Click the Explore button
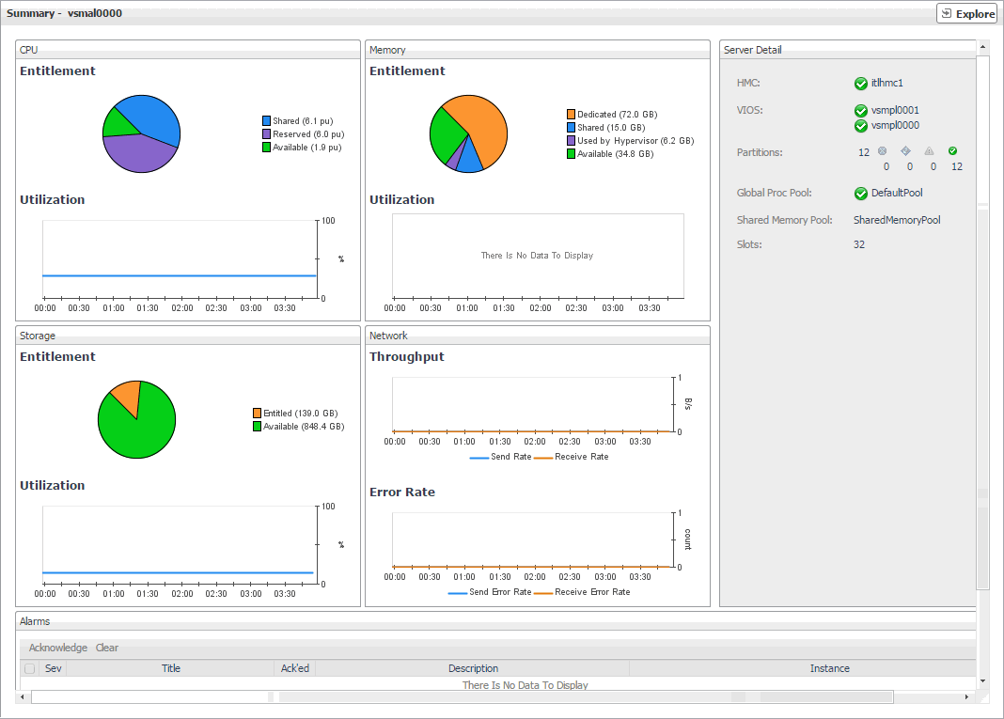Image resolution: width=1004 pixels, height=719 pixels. [966, 14]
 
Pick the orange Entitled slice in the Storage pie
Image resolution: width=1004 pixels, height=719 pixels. [127, 396]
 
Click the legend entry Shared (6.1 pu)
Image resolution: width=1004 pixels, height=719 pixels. [302, 121]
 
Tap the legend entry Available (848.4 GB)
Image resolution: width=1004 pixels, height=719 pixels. [303, 427]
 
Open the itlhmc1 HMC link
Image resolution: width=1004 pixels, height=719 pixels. [886, 84]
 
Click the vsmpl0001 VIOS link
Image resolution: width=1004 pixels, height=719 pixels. [895, 111]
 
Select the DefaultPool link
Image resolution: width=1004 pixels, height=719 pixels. [897, 194]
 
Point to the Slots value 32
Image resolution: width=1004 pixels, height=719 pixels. [859, 244]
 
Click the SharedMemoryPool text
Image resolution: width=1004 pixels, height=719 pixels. [897, 220]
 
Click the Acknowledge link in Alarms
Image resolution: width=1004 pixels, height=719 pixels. [58, 648]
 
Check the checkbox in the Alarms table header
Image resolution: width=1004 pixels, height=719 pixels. [30, 669]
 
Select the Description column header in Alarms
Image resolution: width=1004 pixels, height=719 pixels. [473, 669]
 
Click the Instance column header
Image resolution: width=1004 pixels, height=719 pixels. [829, 669]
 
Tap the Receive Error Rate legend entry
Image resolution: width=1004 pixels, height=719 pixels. [592, 592]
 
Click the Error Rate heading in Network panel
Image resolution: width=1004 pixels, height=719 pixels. [402, 492]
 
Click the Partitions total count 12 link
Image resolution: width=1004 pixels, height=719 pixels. [864, 152]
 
